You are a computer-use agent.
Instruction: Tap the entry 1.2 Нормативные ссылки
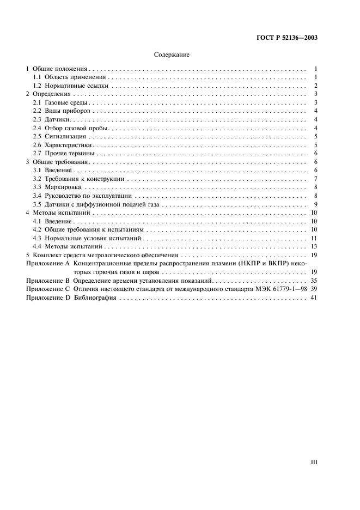[63, 86]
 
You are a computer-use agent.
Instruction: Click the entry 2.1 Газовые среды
[56, 103]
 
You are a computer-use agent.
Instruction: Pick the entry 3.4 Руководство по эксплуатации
[75, 196]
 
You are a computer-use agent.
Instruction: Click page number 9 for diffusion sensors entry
[315, 204]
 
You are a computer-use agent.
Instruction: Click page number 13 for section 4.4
[314, 247]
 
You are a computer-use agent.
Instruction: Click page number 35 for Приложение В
[314, 281]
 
